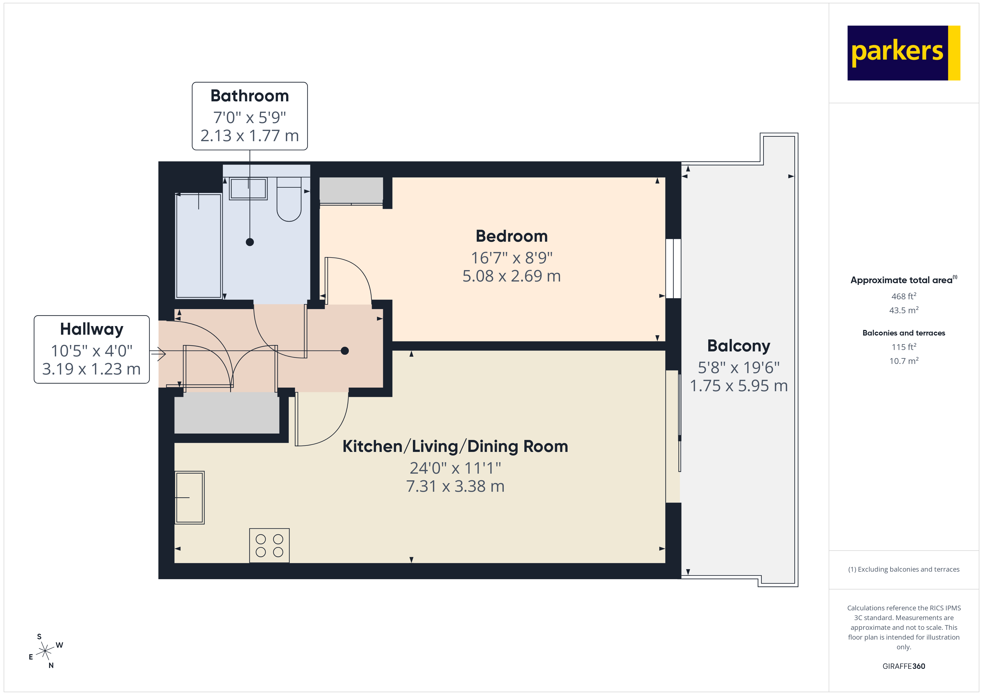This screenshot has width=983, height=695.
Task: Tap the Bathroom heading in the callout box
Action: click(250, 96)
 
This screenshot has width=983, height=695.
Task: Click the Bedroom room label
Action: click(511, 236)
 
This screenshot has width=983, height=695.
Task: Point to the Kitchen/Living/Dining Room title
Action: click(455, 446)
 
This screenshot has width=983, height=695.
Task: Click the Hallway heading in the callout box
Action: click(92, 329)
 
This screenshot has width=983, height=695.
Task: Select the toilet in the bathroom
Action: click(289, 200)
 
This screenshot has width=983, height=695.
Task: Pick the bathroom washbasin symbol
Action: click(248, 188)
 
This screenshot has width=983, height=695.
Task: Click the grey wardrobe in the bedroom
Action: click(351, 190)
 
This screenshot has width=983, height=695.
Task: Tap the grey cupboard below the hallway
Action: click(227, 413)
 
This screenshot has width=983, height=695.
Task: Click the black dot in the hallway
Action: click(345, 351)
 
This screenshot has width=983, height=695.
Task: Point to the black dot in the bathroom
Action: click(250, 242)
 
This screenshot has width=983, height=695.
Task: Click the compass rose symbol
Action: click(45, 651)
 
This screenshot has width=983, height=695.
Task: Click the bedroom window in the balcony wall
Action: click(673, 268)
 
